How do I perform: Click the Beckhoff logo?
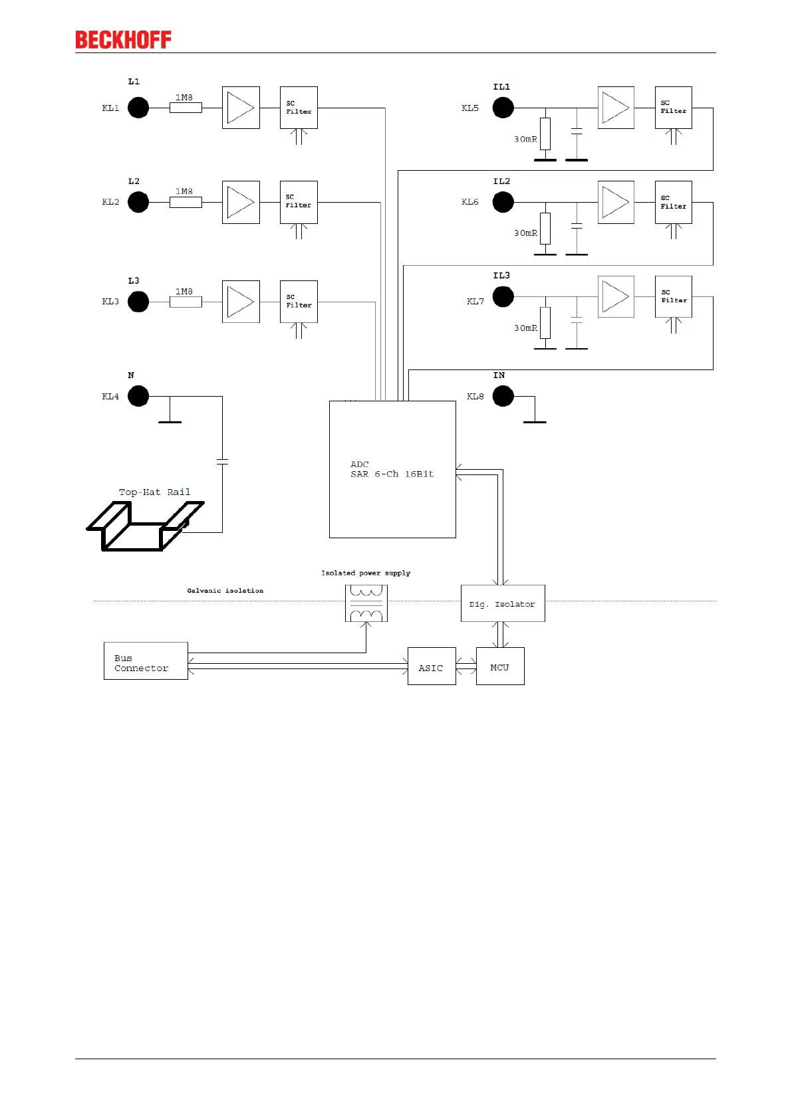(x=123, y=40)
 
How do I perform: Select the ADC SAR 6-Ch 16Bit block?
(x=392, y=469)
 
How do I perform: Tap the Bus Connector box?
(x=146, y=661)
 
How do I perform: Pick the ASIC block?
(x=432, y=666)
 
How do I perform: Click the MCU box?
(x=500, y=666)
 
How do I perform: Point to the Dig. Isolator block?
(x=503, y=603)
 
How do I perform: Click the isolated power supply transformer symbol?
(x=366, y=603)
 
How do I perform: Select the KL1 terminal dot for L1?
(x=138, y=108)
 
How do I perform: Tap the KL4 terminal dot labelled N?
(x=138, y=396)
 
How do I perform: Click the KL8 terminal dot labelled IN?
(x=503, y=396)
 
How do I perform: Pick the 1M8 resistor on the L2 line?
(x=186, y=202)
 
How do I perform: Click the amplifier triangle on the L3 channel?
(x=241, y=302)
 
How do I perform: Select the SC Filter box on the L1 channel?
(x=299, y=108)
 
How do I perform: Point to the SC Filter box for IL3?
(x=674, y=296)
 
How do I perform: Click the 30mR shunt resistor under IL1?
(x=545, y=134)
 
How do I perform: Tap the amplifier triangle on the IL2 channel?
(x=616, y=202)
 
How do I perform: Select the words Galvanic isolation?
(x=225, y=591)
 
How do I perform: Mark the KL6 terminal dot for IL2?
(x=503, y=202)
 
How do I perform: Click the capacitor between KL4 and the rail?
(x=222, y=461)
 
